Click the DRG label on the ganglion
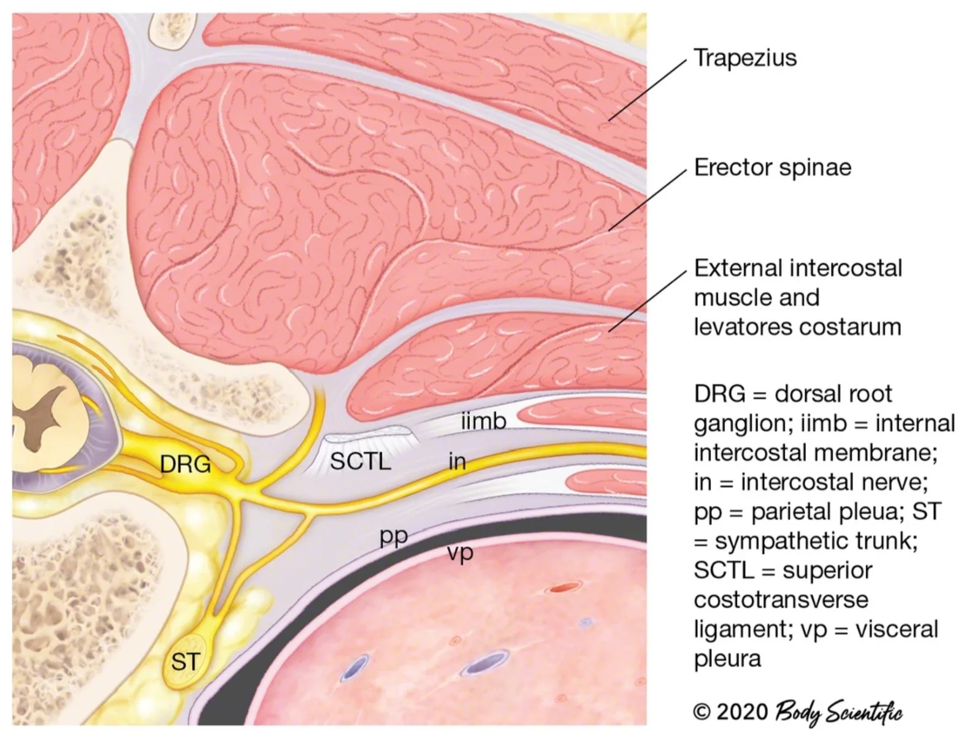pos(185,464)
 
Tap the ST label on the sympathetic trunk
pos(185,662)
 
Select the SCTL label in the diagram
pos(360,461)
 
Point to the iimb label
pos(483,421)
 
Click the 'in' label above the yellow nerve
pos(457,461)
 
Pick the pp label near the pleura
pos(394,536)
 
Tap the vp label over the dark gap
pos(460,554)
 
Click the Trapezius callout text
pos(745,58)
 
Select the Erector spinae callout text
pos(773,167)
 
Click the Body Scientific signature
pos(838,713)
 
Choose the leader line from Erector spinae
pos(647,200)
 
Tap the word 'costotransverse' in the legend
pos(781,599)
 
